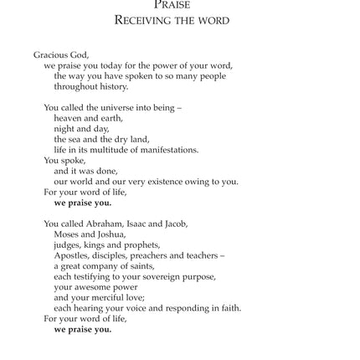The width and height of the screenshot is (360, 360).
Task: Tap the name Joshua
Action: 96,234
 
